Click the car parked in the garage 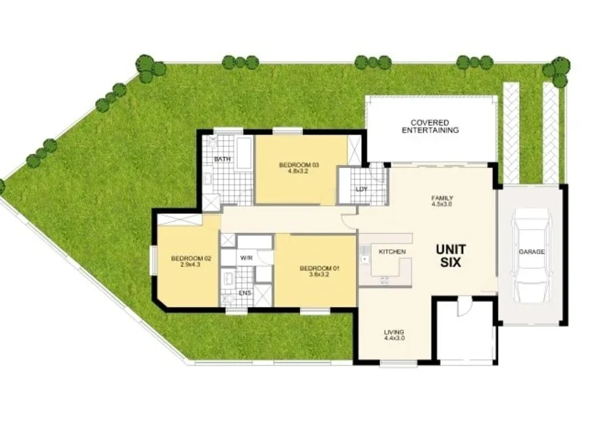tap(532, 255)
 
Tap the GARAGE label tap(532, 252)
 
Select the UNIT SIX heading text tap(451, 256)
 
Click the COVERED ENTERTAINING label tap(430, 126)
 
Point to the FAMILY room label tap(442, 198)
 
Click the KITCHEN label tap(392, 252)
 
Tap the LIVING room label tap(394, 331)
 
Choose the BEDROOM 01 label tap(320, 269)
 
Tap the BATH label tap(222, 159)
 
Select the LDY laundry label tap(361, 189)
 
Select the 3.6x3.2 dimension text tap(320, 276)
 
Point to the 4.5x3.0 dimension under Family tap(442, 204)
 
